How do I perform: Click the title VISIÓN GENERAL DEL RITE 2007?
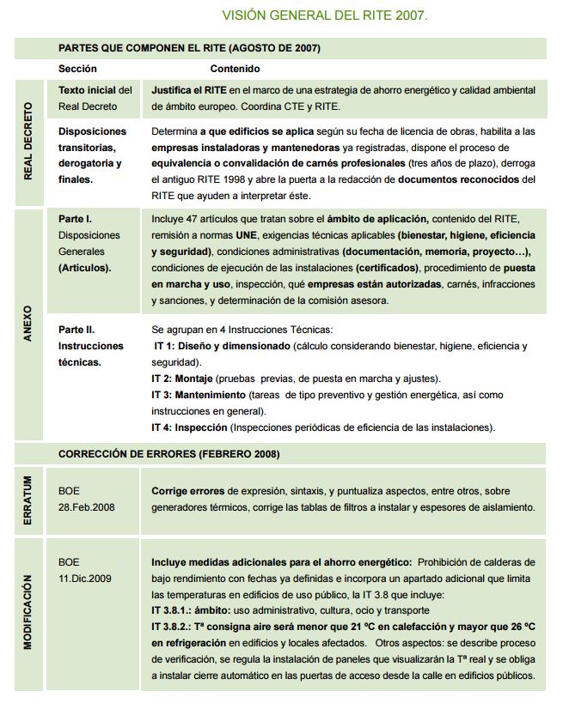click(x=325, y=15)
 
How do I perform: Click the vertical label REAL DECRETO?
click(x=28, y=141)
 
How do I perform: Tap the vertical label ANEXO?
click(x=28, y=324)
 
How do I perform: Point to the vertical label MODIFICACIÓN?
click(x=28, y=611)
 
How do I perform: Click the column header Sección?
click(x=77, y=69)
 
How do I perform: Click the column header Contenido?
click(x=235, y=69)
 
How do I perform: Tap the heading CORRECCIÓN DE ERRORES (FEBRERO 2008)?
click(x=168, y=453)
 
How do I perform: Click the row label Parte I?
click(x=76, y=219)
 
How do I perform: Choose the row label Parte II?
click(x=76, y=329)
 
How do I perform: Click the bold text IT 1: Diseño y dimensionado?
click(x=222, y=346)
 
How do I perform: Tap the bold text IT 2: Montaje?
click(x=181, y=379)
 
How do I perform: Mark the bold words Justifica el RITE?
click(x=190, y=90)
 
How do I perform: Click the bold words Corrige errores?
click(x=188, y=491)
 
